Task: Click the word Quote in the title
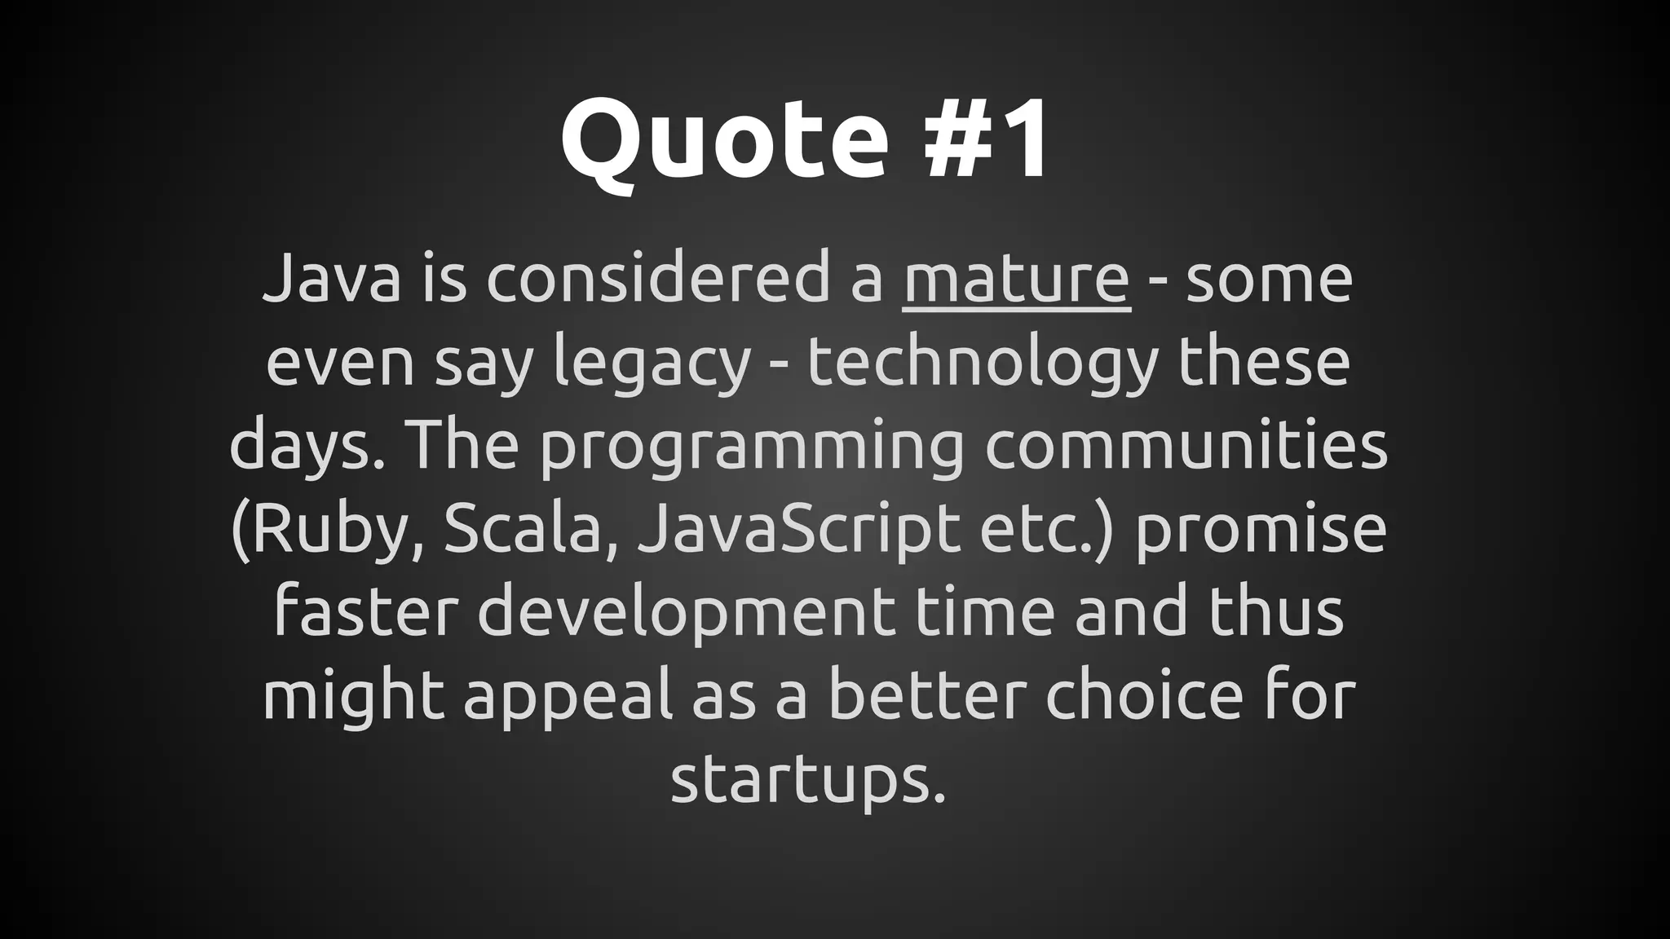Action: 724,139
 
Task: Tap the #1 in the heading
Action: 986,139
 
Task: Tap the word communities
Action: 1186,446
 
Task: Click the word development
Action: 686,614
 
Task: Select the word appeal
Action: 569,698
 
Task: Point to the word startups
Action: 807,781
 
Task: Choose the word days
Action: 310,447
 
